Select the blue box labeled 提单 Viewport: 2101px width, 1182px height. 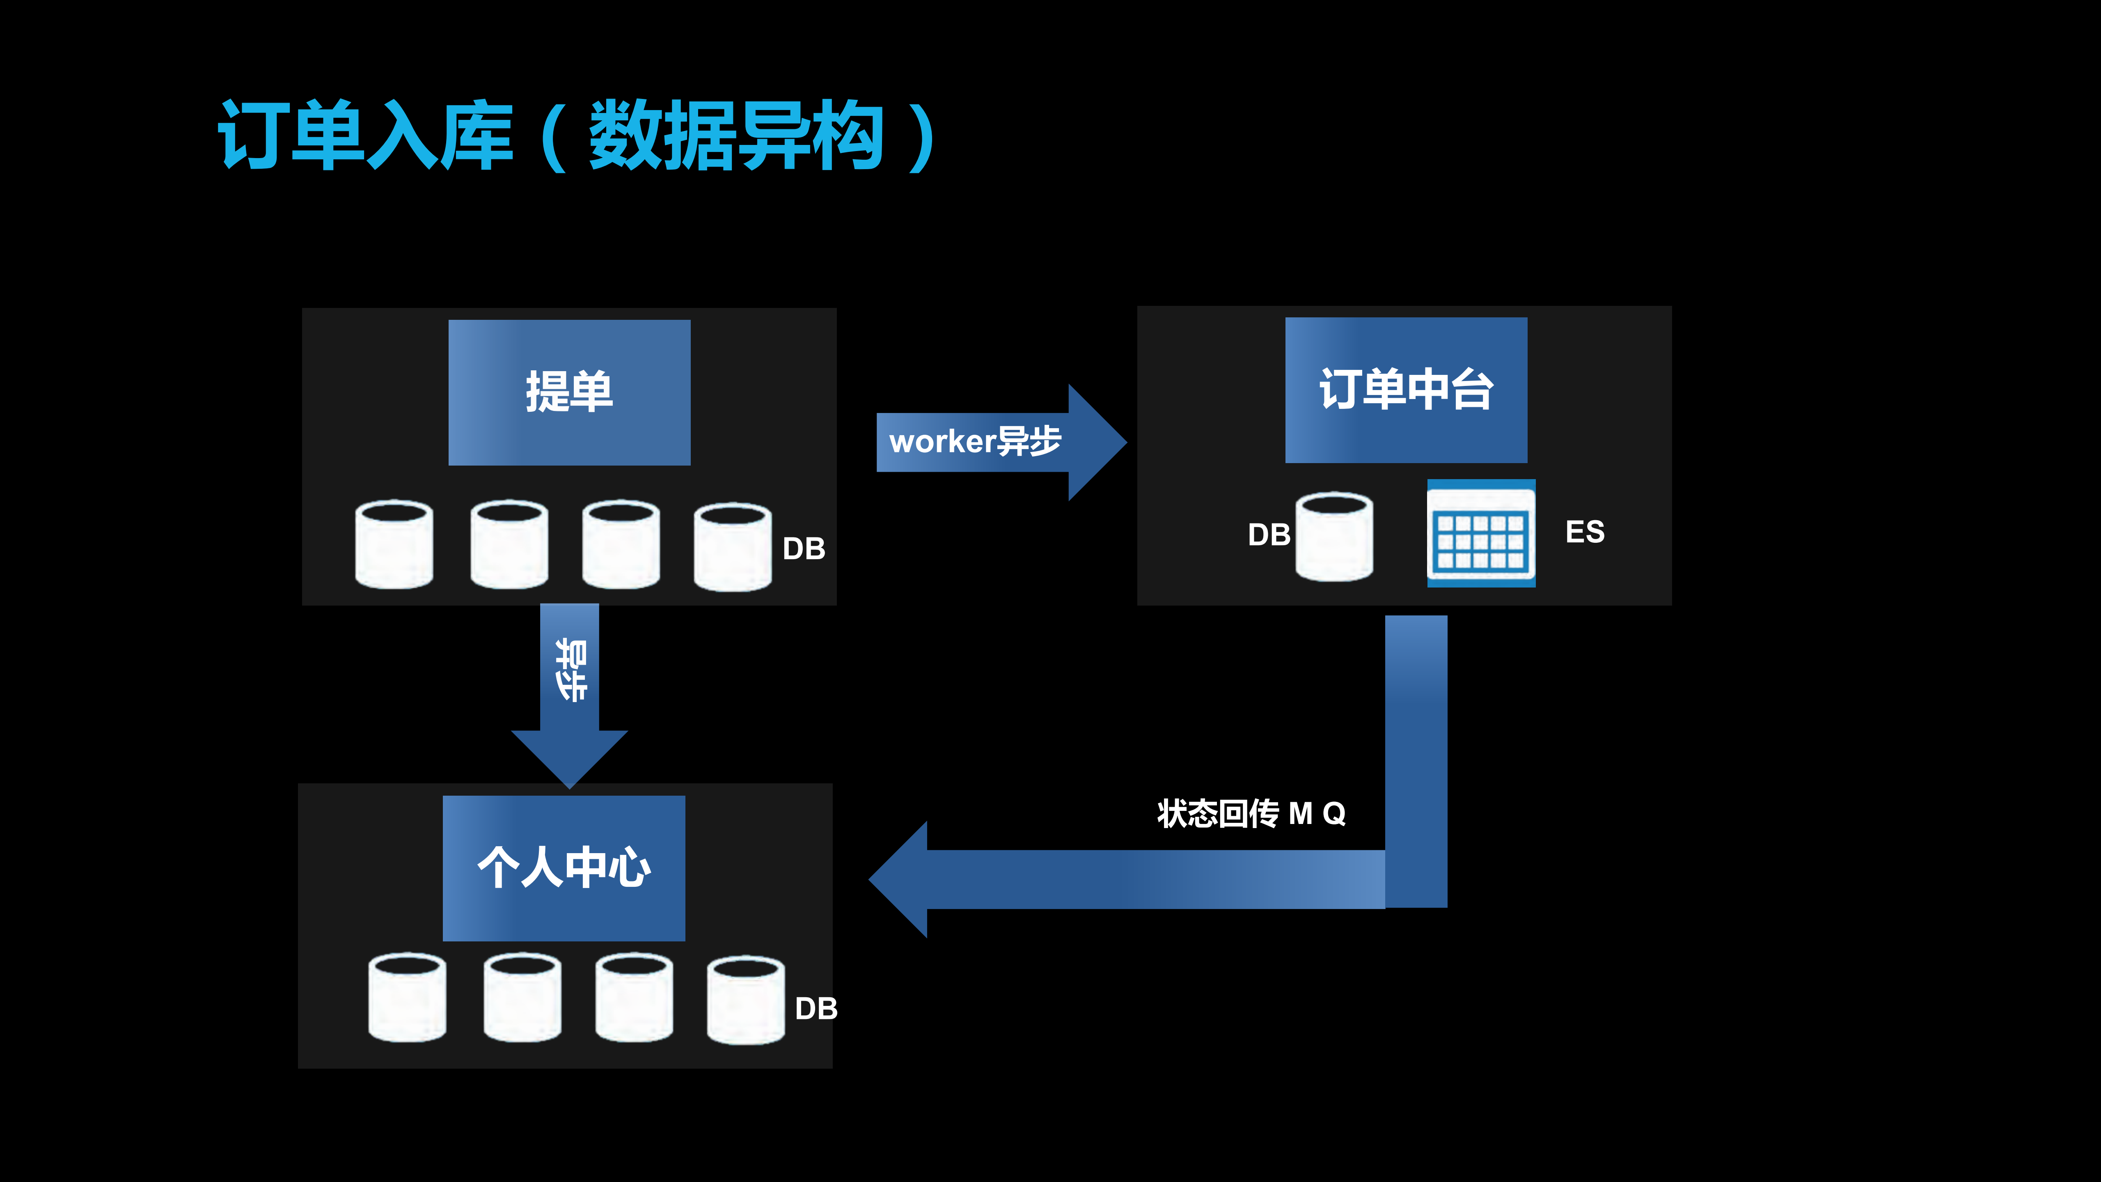click(569, 392)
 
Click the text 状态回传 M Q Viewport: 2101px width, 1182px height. click(1250, 813)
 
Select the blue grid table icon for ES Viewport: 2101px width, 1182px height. click(1480, 533)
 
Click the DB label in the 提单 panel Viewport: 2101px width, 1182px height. click(803, 549)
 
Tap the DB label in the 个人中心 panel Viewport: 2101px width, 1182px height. click(816, 1009)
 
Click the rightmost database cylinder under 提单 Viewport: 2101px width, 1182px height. click(732, 546)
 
